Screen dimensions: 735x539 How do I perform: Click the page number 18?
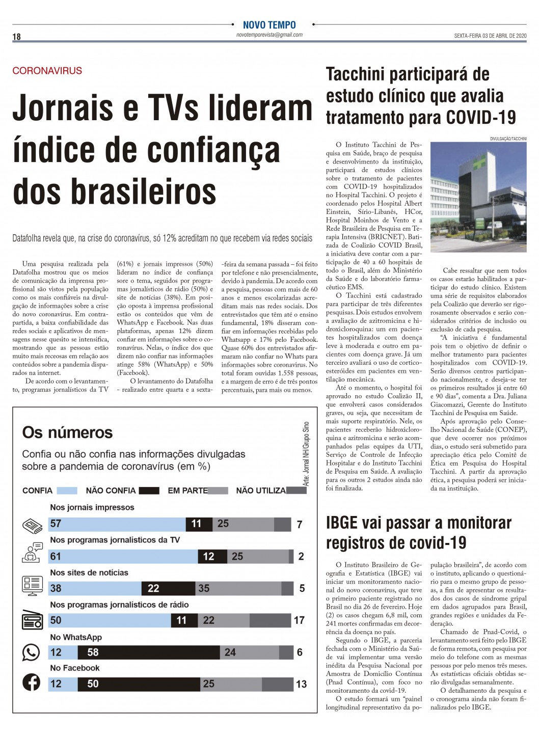point(17,37)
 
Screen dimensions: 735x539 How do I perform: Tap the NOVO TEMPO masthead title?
point(269,25)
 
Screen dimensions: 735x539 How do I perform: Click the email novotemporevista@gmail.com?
point(269,35)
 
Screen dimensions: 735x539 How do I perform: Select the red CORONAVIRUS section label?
point(47,71)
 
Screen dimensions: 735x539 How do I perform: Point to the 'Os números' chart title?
point(67,432)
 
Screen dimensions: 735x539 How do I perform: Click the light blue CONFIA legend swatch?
point(67,491)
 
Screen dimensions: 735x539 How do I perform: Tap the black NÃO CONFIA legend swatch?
point(149,491)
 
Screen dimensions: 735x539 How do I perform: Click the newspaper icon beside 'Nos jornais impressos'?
point(31,525)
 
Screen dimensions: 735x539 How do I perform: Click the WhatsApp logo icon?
point(31,652)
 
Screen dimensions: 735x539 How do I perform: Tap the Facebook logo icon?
point(31,682)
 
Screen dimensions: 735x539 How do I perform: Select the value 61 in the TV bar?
point(56,556)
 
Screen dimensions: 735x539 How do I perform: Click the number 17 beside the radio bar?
point(299,620)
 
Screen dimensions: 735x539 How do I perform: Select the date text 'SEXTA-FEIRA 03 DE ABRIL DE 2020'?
point(490,36)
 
